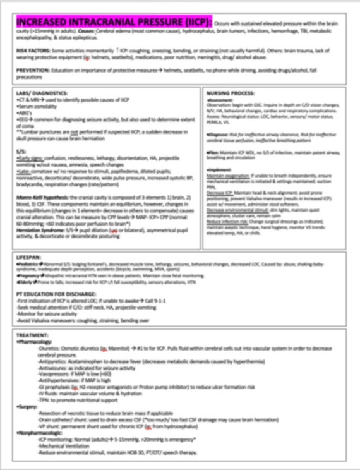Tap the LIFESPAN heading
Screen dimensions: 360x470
pyautogui.click(x=30, y=257)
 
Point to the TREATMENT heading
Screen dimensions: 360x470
pyautogui.click(x=35, y=335)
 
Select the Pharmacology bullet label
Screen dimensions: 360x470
pyautogui.click(x=37, y=341)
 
